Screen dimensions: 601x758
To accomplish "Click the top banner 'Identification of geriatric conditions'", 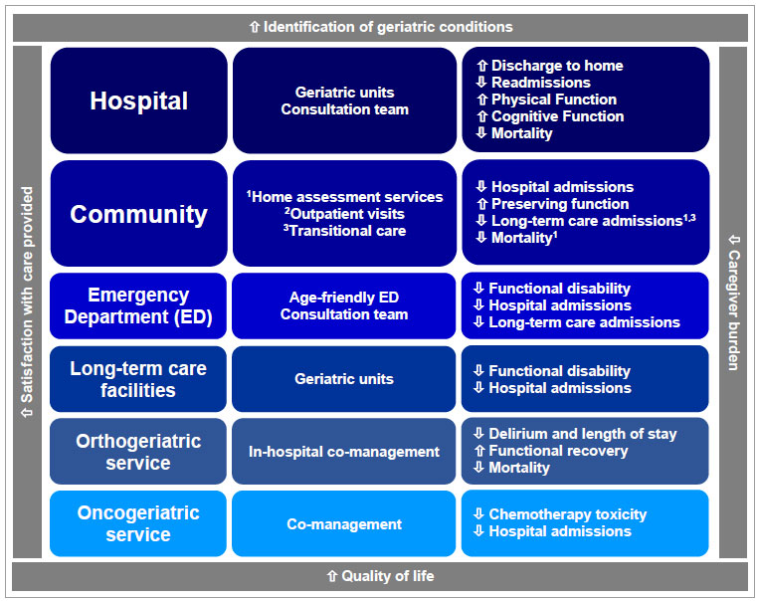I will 380,27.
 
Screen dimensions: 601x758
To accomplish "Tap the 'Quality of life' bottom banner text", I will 380,576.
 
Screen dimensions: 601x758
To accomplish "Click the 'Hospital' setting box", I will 138,100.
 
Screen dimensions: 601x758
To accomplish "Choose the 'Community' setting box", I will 138,214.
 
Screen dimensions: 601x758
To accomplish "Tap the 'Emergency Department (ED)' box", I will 138,304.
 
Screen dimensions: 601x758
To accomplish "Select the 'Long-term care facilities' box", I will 138,379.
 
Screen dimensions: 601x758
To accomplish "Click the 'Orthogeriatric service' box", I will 138,452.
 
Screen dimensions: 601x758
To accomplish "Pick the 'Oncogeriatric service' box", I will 138,523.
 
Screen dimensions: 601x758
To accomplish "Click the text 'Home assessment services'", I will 347,197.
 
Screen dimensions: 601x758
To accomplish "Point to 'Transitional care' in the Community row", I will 347,231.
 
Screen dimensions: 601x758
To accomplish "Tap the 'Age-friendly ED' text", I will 344,297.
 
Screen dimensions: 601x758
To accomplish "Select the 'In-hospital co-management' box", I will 344,452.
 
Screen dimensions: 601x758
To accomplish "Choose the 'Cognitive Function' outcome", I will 557,116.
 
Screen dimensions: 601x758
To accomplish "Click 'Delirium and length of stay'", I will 582,434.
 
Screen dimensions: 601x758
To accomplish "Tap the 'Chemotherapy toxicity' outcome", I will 567,514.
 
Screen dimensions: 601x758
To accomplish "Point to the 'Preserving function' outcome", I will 559,204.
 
